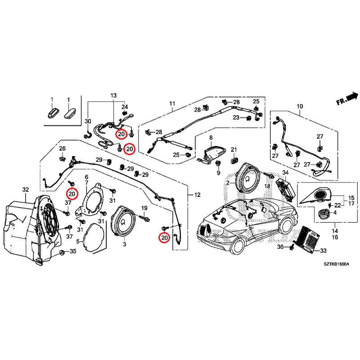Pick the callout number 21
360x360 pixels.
(234, 149)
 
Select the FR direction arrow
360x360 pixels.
(347, 98)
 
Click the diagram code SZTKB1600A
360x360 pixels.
(336, 266)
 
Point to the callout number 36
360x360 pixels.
(280, 247)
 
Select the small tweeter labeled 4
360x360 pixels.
(323, 215)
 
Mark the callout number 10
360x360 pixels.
(300, 107)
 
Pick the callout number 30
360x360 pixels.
(88, 121)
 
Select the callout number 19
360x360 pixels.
(144, 208)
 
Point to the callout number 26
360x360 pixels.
(63, 148)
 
